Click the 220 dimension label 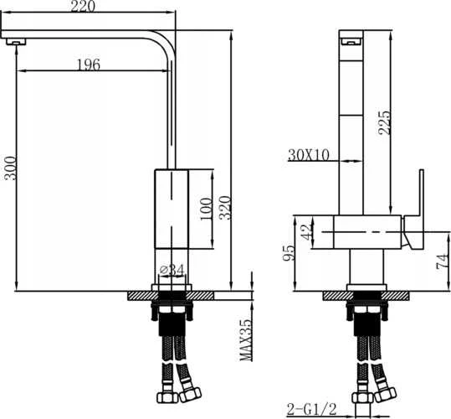point(83,6)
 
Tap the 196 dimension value point(89,65)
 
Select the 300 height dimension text point(10,168)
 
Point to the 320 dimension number point(225,208)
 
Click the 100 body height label point(206,209)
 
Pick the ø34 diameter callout point(172,270)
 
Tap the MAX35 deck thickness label point(246,340)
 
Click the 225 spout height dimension point(385,122)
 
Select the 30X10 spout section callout point(308,155)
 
